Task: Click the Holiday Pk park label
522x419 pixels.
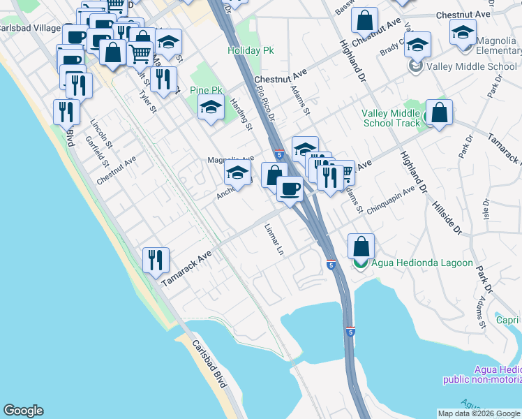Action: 251,51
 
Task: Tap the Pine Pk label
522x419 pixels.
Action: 206,91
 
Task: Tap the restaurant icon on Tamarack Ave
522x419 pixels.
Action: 156,260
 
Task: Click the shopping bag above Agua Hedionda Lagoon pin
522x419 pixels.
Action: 361,246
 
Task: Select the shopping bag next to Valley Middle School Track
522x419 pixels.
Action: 439,112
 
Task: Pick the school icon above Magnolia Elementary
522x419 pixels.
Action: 463,31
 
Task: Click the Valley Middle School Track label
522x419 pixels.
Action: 391,119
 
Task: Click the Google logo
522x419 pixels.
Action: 23,411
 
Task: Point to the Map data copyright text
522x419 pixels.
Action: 479,413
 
